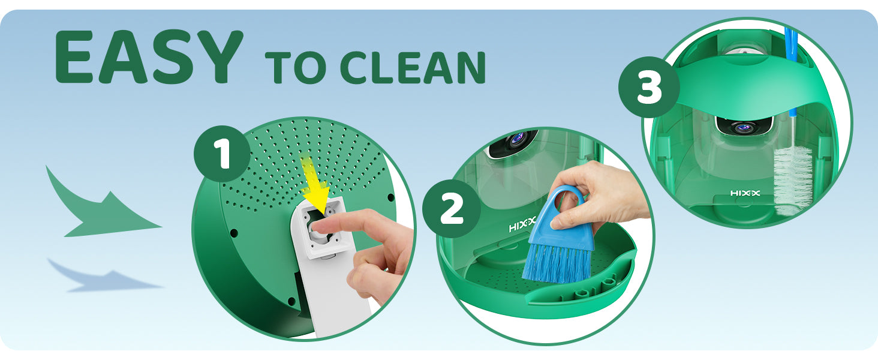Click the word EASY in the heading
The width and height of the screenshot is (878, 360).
coord(149,56)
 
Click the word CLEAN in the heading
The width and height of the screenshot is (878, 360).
coord(413,67)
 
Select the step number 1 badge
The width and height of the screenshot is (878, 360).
coord(222,154)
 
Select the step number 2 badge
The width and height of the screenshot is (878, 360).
coord(452,209)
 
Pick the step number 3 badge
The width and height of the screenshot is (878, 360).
coord(649,87)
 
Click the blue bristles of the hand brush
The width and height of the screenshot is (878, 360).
coord(557,263)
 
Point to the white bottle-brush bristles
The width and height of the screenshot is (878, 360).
coord(793,181)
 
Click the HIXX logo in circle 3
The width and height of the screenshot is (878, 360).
coord(745,193)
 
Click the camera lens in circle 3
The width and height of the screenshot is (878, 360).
coord(743,127)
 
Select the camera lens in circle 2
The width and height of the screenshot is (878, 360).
coord(518,139)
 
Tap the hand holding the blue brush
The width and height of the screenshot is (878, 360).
coord(600,196)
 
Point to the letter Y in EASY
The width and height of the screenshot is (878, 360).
coord(218,56)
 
